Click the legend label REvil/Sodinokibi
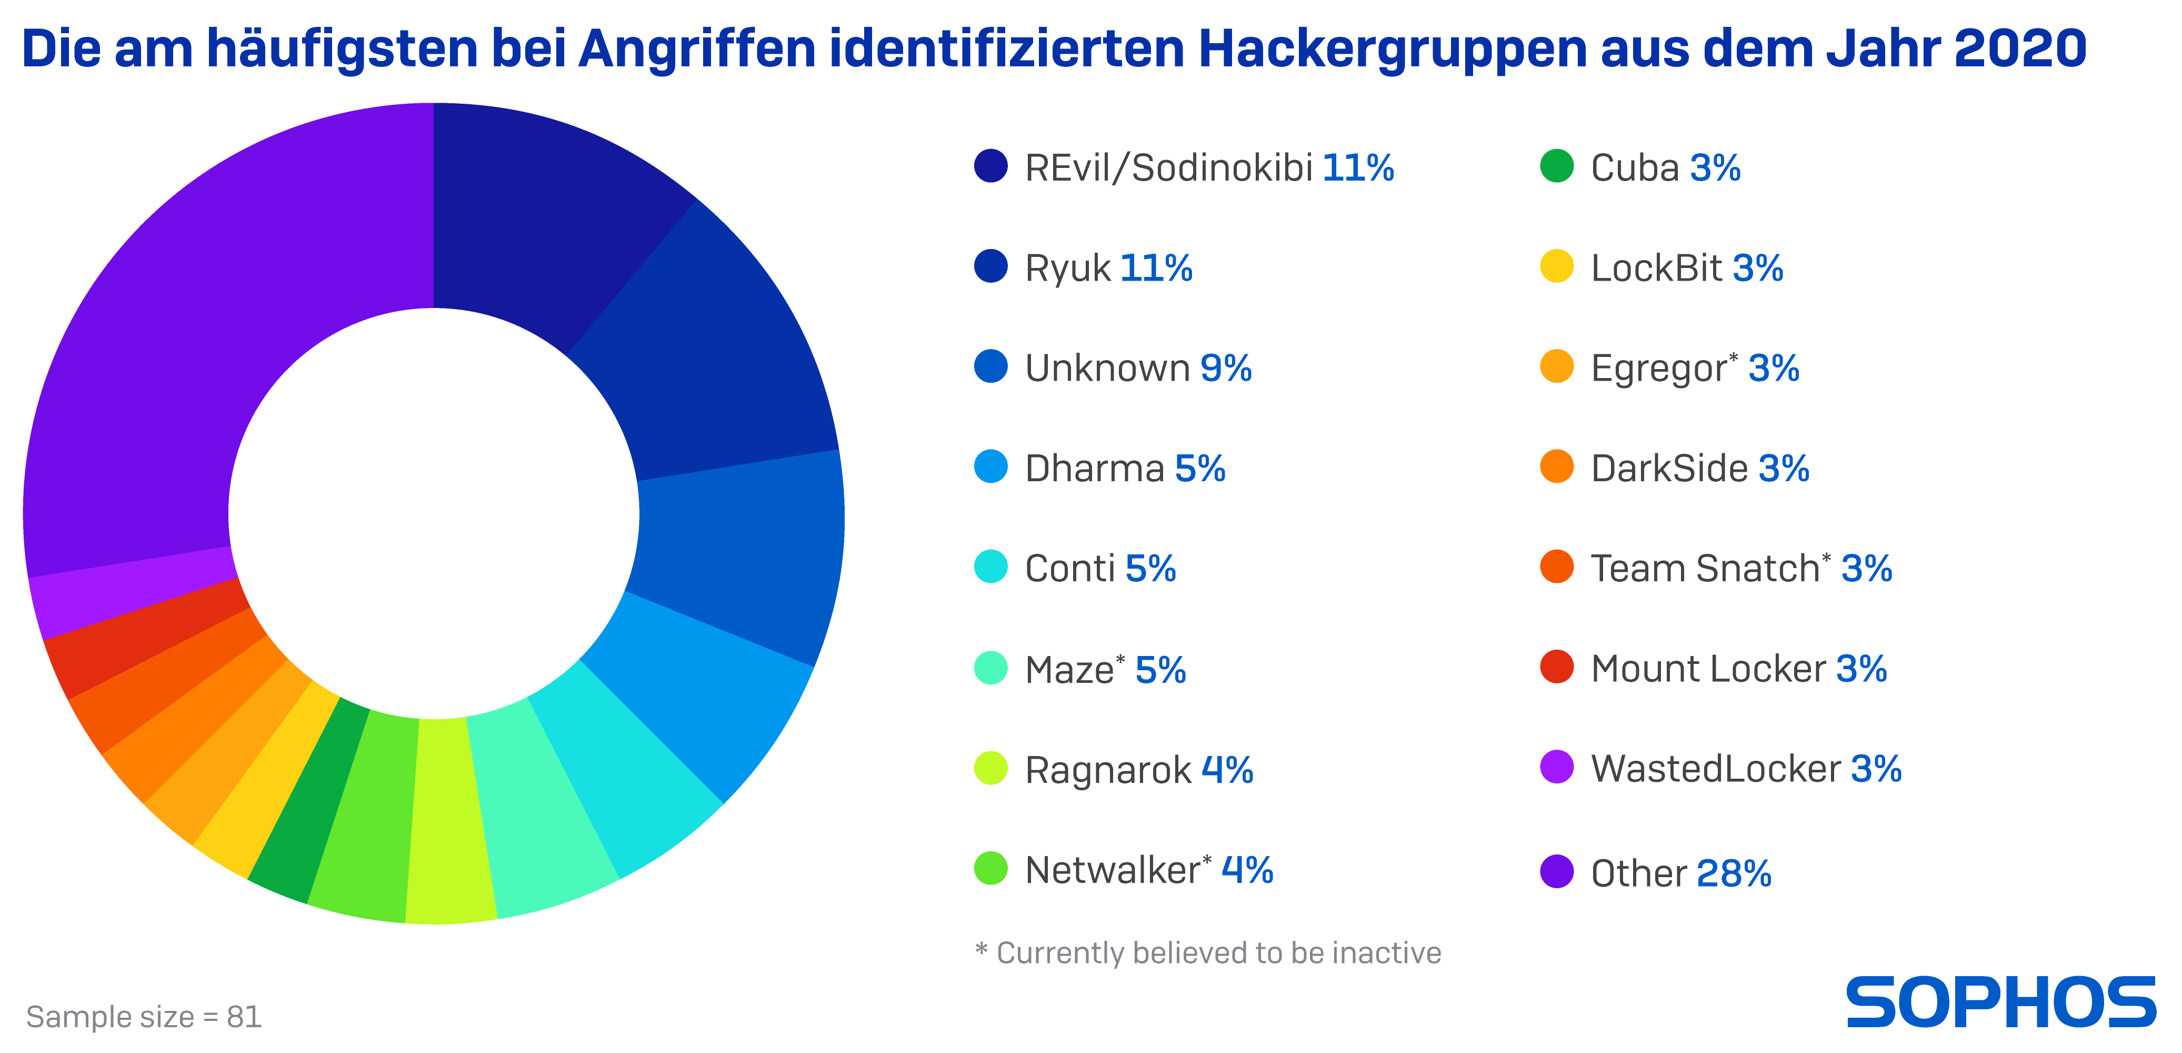pyautogui.click(x=1168, y=168)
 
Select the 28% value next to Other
pyautogui.click(x=1733, y=873)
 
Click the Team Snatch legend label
pyautogui.click(x=1704, y=569)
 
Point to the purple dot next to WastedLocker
pyautogui.click(x=1556, y=768)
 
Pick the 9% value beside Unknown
pyautogui.click(x=1226, y=369)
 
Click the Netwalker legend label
pyautogui.click(x=1113, y=870)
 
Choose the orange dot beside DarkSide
pyautogui.click(x=1556, y=468)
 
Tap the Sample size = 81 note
pyautogui.click(x=144, y=1017)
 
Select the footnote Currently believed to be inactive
pyautogui.click(x=1218, y=953)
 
